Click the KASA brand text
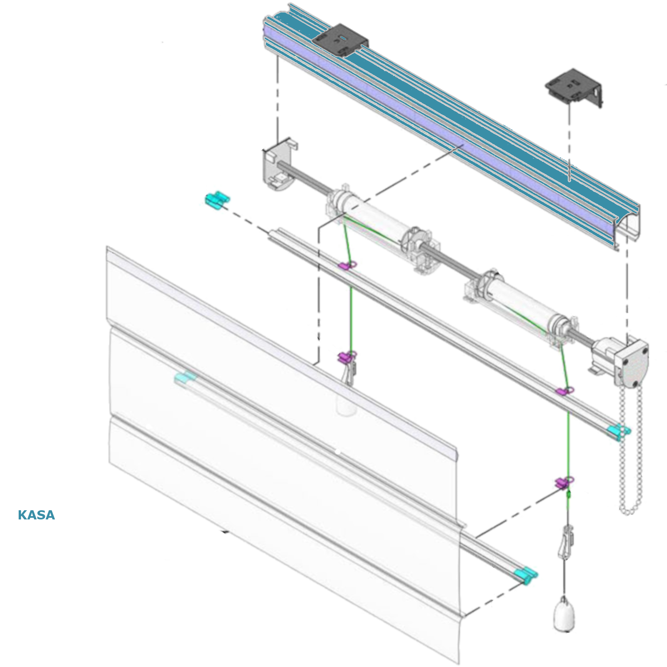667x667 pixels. click(36, 515)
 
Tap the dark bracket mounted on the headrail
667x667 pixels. click(341, 39)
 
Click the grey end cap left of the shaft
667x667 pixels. click(278, 163)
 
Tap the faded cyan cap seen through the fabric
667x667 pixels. click(185, 378)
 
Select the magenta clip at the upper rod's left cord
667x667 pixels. click(347, 265)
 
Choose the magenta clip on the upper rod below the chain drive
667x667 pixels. click(565, 391)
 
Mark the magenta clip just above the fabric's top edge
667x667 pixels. click(347, 356)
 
